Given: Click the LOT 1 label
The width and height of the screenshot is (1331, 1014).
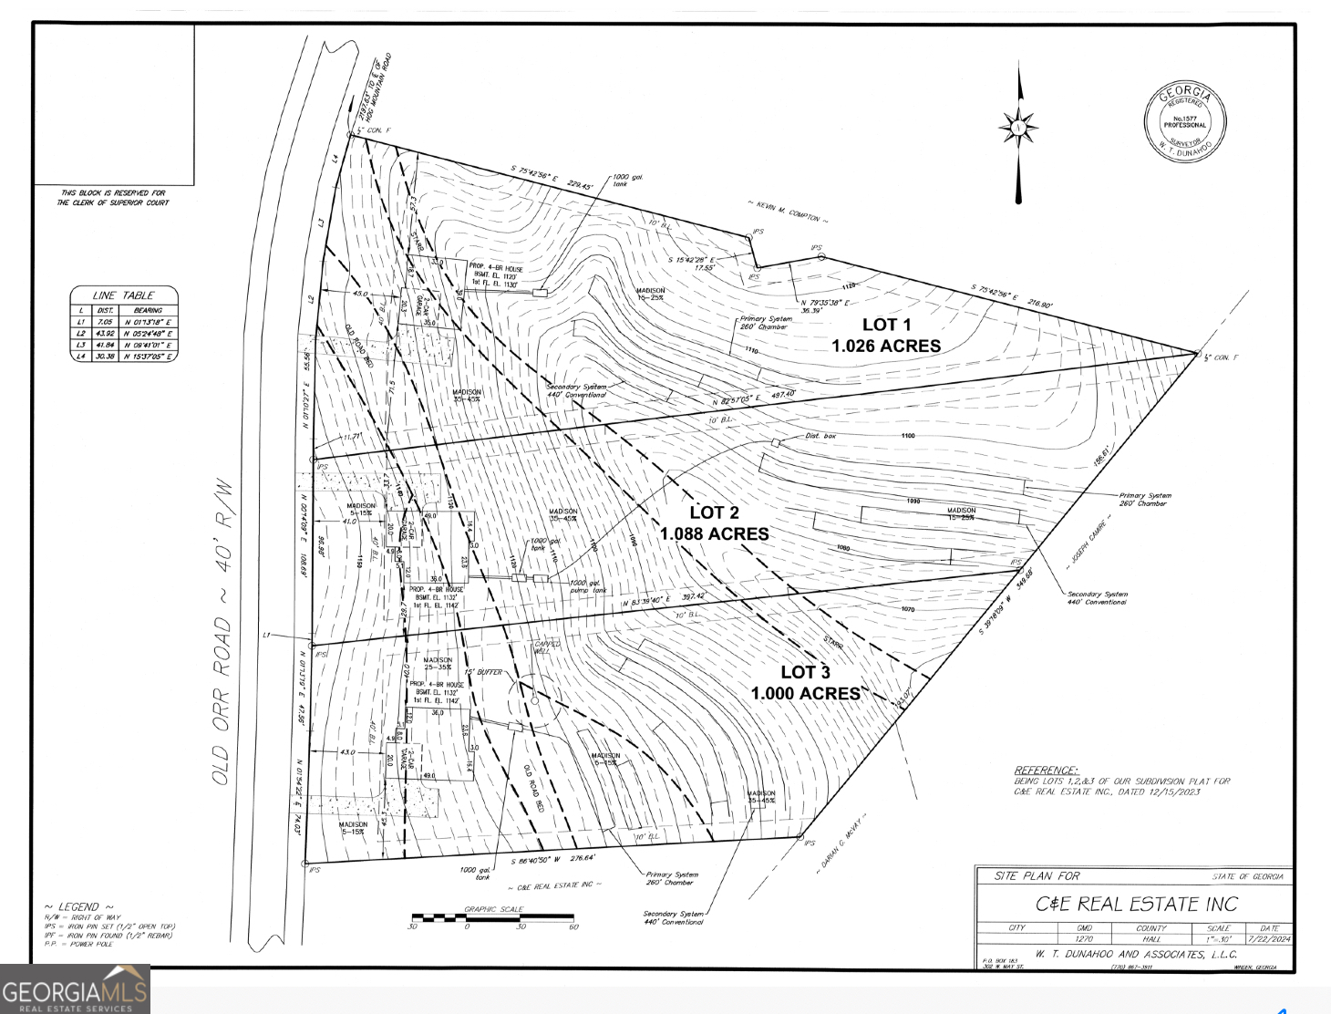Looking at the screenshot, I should point(886,325).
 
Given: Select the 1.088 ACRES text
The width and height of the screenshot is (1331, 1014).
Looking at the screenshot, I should point(714,534).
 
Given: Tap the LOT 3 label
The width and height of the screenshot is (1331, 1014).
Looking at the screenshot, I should point(805,672).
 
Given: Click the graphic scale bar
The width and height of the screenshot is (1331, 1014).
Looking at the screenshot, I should point(493,918).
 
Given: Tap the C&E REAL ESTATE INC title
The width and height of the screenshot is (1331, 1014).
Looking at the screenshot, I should point(1136,904).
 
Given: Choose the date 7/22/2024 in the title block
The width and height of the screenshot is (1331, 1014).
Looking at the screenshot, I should point(1269,938).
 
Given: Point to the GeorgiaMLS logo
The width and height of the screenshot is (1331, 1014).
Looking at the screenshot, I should point(75,988).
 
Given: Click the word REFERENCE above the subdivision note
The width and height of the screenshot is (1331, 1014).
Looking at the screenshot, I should point(1046,771).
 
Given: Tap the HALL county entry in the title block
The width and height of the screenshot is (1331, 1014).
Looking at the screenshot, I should point(1150,938).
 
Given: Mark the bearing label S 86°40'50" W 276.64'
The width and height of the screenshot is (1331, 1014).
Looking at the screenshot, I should point(552,859).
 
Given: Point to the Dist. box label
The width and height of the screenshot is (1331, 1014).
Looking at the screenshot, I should point(820,436).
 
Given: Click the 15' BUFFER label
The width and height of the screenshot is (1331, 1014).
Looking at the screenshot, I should point(483,672).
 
